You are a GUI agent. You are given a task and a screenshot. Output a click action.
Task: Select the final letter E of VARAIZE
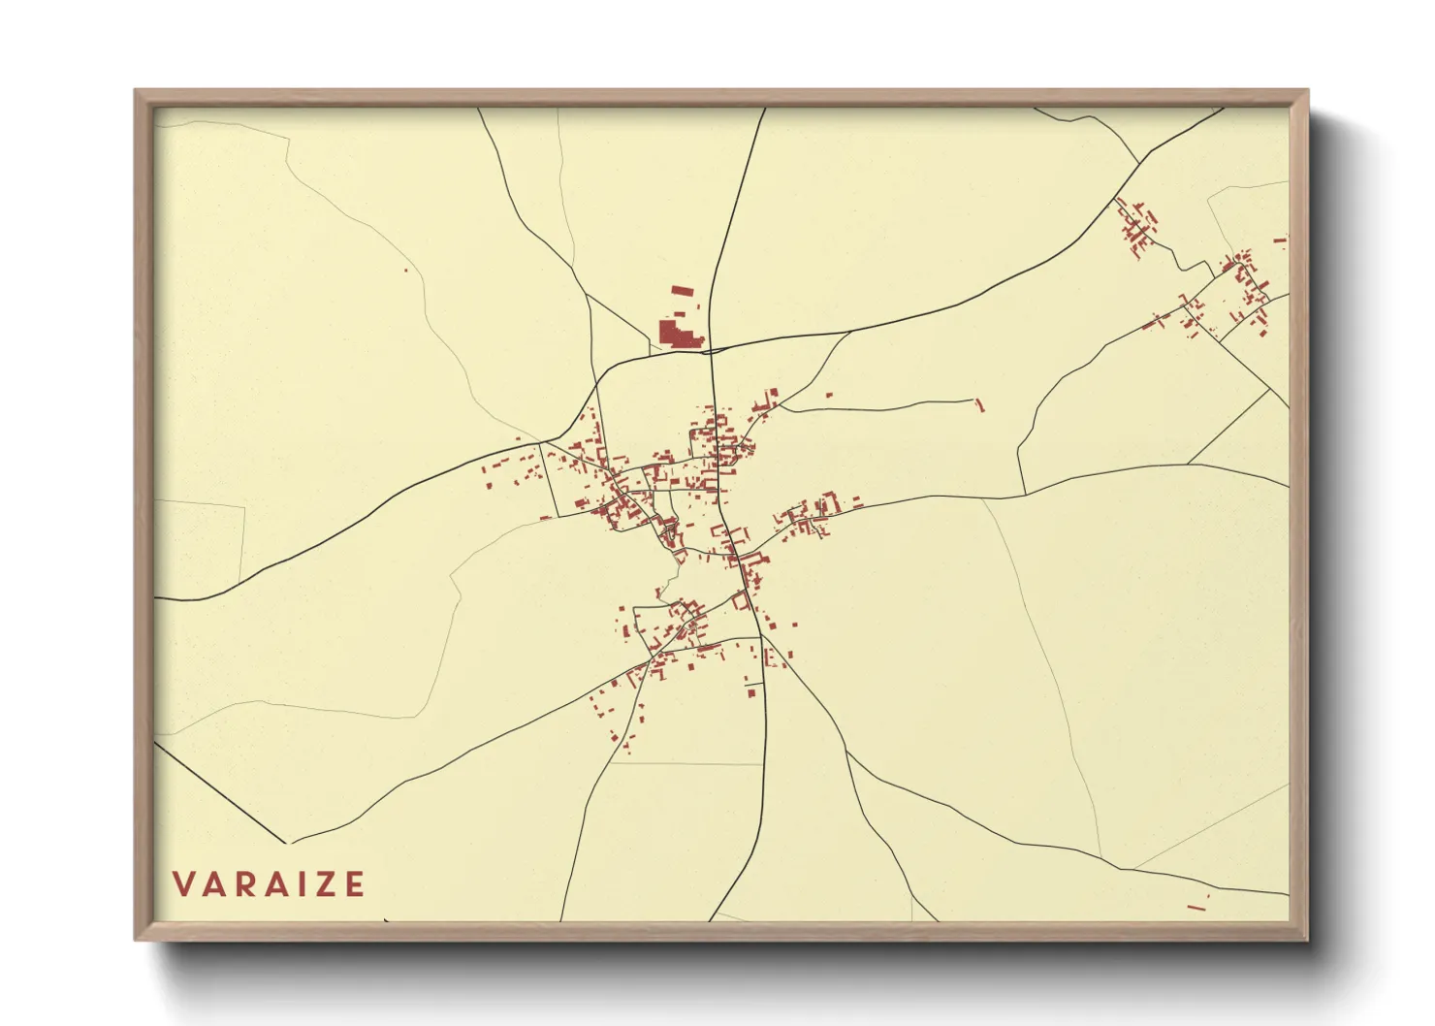(355, 884)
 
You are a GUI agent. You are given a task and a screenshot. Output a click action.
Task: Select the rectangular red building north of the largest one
(684, 289)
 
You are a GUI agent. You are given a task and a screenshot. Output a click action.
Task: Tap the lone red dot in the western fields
(406, 270)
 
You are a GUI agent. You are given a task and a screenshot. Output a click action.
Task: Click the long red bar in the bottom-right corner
(1196, 908)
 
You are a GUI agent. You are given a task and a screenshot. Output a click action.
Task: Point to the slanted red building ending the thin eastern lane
(979, 404)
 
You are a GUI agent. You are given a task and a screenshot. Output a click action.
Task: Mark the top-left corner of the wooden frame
(136, 91)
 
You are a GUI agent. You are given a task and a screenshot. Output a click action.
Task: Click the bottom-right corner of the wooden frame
(1307, 939)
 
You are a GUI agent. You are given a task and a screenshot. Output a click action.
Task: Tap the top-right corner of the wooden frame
(1307, 91)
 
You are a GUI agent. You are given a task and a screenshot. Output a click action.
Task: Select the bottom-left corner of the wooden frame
(136, 939)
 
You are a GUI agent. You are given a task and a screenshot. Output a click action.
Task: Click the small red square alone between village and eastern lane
(830, 396)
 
